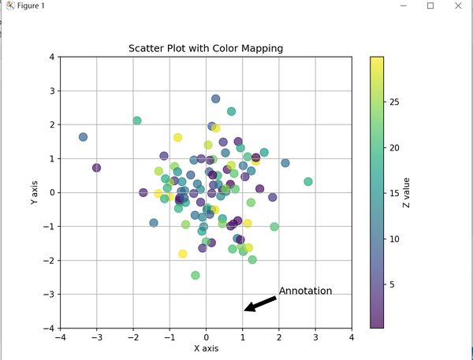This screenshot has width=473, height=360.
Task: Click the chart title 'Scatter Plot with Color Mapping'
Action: [x=206, y=49]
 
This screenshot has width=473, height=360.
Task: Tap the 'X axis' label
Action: [x=206, y=348]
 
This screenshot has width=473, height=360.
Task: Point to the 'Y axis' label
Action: [x=34, y=192]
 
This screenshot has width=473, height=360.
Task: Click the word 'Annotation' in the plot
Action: [x=305, y=291]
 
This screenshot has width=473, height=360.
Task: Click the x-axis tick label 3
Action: [x=315, y=338]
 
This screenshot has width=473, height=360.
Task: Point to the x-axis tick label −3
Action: [x=96, y=338]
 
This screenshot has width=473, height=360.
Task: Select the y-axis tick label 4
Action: [x=51, y=57]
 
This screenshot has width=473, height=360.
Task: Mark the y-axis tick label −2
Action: [x=48, y=260]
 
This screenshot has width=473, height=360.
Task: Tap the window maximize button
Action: [x=430, y=6]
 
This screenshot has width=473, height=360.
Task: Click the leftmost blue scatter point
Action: [x=83, y=137]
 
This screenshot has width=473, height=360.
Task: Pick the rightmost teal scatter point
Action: [x=308, y=182]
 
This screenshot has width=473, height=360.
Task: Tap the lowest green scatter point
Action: [x=196, y=275]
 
